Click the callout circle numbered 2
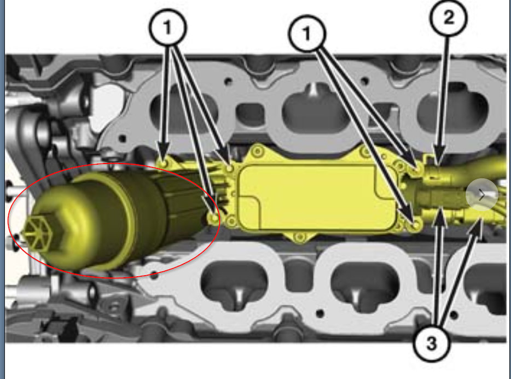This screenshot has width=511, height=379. pos(449,18)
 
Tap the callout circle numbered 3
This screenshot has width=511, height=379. pos(432,342)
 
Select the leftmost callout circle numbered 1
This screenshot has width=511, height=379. pos(168,27)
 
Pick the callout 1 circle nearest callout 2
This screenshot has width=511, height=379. pos(307,33)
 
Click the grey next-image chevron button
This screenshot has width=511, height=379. pos(481,195)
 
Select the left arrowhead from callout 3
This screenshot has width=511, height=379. pos(440,217)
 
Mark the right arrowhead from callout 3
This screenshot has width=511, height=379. pos(477,226)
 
